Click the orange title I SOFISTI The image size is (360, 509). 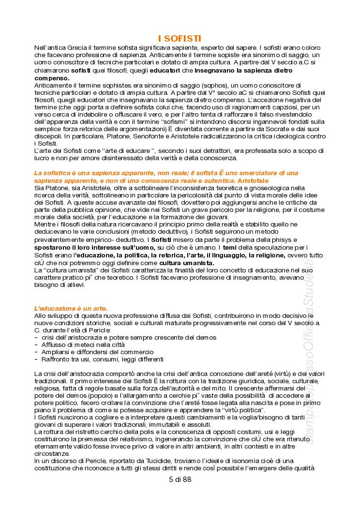coord(180,39)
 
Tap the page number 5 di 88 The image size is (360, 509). coord(180,479)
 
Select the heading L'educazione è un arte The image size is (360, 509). coord(71,308)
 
